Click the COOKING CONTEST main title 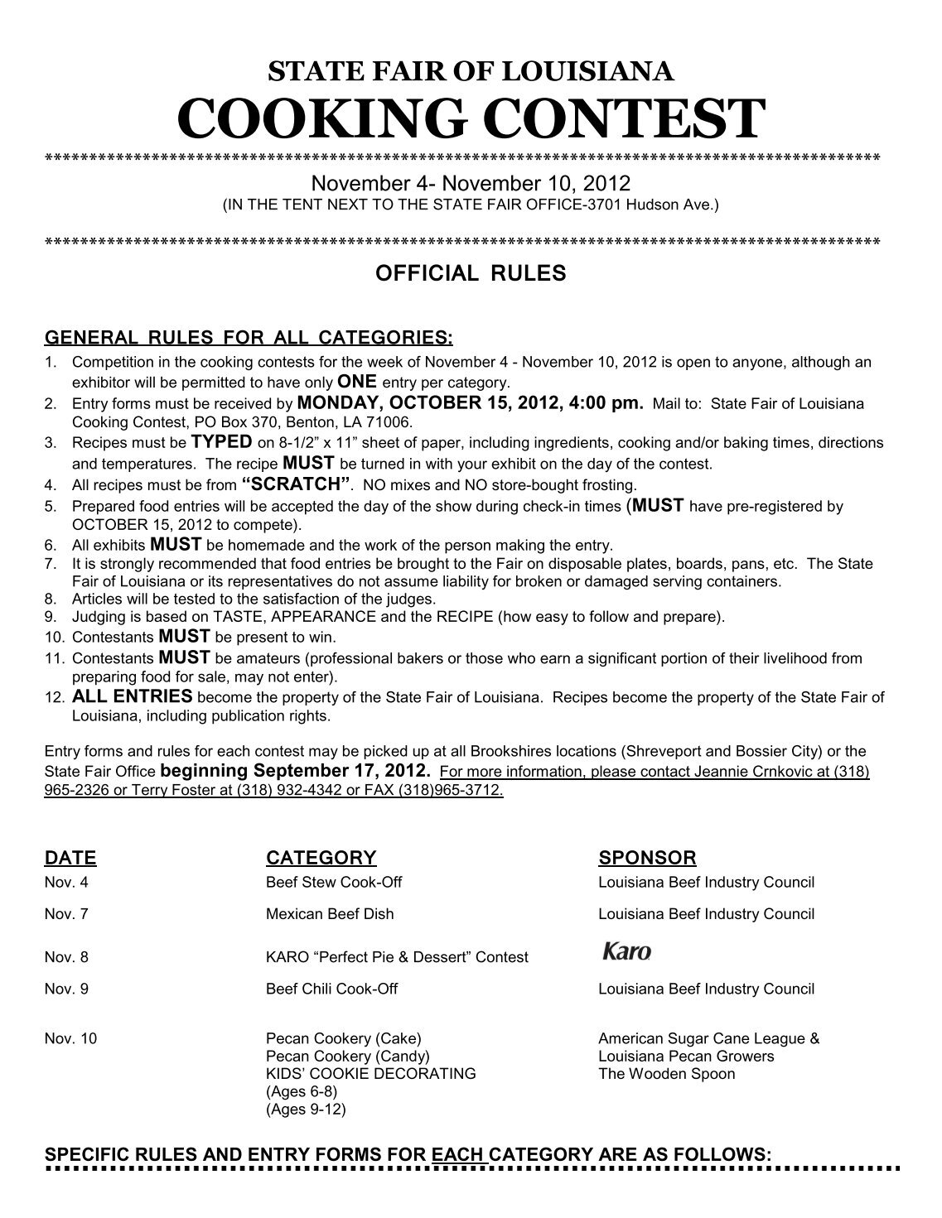(x=470, y=119)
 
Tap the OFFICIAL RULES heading (x=471, y=274)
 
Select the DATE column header (x=70, y=858)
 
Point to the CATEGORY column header (x=321, y=858)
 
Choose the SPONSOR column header (x=646, y=858)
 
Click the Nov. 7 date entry (x=65, y=914)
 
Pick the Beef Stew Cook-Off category (x=333, y=883)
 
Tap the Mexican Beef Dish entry (x=330, y=914)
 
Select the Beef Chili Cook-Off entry (x=331, y=989)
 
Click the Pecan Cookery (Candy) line (x=347, y=1057)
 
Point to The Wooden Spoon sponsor (x=666, y=1074)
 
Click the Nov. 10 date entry (x=70, y=1038)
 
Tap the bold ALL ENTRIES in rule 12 (x=133, y=696)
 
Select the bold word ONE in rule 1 (x=358, y=382)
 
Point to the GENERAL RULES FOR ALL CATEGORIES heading (x=249, y=338)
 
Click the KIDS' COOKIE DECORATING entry (x=370, y=1074)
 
